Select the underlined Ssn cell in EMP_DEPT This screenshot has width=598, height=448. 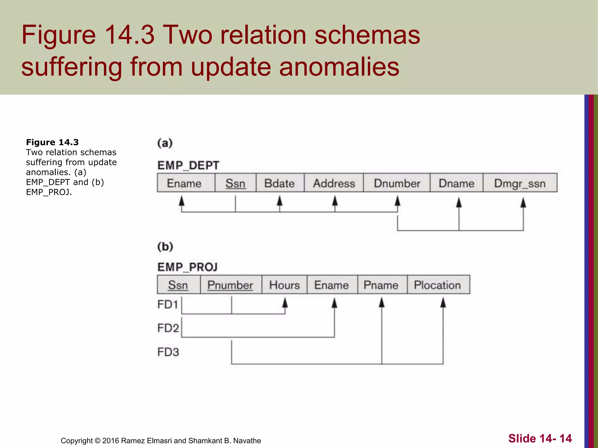point(235,183)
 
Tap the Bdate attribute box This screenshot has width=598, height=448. point(280,183)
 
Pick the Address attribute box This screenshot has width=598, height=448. point(334,183)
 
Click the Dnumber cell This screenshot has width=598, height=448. point(397,183)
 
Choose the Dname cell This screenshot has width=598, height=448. point(456,183)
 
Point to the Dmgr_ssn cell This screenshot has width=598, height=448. point(520,183)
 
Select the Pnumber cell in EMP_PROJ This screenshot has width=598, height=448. point(230,285)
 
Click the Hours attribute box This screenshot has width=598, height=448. point(284,285)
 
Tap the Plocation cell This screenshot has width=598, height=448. point(438,285)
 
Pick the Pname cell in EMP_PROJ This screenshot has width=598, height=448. point(381,285)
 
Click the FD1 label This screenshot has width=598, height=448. point(168,304)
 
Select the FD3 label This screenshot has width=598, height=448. point(168,352)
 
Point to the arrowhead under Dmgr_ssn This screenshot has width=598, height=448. point(523,202)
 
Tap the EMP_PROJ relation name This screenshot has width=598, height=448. point(187,267)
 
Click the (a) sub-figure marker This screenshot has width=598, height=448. point(165,143)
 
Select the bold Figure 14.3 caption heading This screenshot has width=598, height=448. point(53,142)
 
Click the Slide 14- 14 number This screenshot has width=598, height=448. point(540,438)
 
